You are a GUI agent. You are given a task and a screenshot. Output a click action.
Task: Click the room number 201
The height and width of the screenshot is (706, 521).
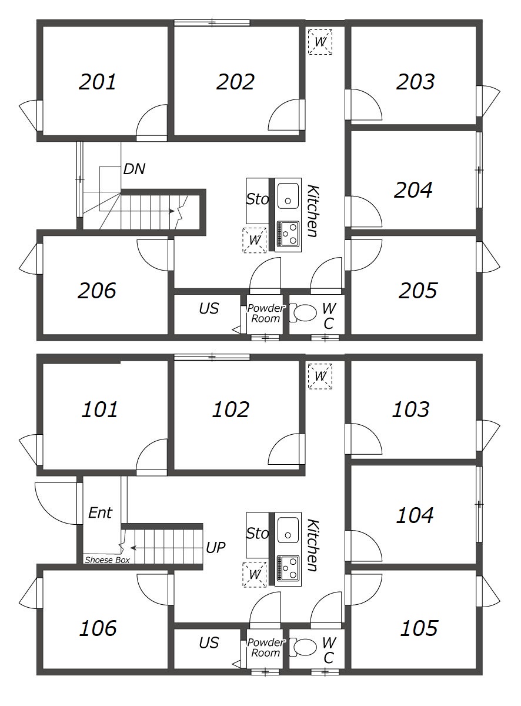click(98, 82)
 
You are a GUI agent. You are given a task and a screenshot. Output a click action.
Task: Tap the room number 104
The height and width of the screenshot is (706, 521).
click(415, 515)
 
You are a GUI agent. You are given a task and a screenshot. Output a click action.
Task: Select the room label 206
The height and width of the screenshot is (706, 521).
click(97, 290)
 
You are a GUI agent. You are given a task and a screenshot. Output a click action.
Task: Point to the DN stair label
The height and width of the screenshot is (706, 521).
click(134, 169)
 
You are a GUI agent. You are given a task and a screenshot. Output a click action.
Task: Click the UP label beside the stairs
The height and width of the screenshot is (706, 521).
click(216, 548)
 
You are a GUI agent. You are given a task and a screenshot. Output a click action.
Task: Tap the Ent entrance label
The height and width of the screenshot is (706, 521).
click(100, 513)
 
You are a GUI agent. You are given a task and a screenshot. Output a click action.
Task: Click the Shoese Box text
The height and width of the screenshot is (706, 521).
click(107, 560)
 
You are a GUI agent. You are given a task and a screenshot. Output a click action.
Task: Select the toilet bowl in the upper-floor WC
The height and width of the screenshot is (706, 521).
click(303, 313)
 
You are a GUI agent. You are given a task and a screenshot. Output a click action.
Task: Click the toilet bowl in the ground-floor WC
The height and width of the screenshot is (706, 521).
click(303, 647)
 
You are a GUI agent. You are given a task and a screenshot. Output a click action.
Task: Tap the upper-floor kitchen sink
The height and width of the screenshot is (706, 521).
click(288, 196)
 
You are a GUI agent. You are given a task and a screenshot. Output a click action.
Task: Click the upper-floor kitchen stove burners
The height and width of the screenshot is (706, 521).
click(288, 234)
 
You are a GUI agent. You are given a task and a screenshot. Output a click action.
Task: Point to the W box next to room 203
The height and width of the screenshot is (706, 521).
click(320, 42)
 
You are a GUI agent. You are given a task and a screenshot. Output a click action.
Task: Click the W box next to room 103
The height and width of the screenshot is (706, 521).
click(320, 376)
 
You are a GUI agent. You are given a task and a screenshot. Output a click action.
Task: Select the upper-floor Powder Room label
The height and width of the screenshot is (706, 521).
click(266, 313)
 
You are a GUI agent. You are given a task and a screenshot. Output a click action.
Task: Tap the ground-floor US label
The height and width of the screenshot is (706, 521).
click(209, 642)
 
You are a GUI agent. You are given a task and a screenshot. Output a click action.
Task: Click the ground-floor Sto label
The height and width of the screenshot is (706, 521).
click(258, 534)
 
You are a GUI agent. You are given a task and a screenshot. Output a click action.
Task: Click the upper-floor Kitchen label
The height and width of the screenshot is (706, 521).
click(312, 211)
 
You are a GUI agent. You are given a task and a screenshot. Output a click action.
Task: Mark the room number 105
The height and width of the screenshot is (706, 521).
click(419, 628)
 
